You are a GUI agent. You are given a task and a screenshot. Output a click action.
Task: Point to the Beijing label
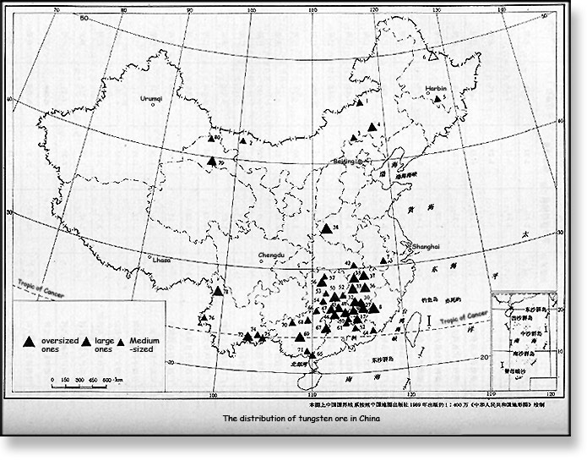click(344, 160)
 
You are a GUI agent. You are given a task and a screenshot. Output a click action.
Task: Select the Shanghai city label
click(426, 245)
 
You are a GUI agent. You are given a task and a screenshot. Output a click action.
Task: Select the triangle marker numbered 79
click(211, 159)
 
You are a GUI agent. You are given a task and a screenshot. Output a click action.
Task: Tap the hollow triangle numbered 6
click(432, 58)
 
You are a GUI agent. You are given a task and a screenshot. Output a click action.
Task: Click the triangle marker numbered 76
click(204, 319)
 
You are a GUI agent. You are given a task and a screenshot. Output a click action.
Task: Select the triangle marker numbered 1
click(356, 103)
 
